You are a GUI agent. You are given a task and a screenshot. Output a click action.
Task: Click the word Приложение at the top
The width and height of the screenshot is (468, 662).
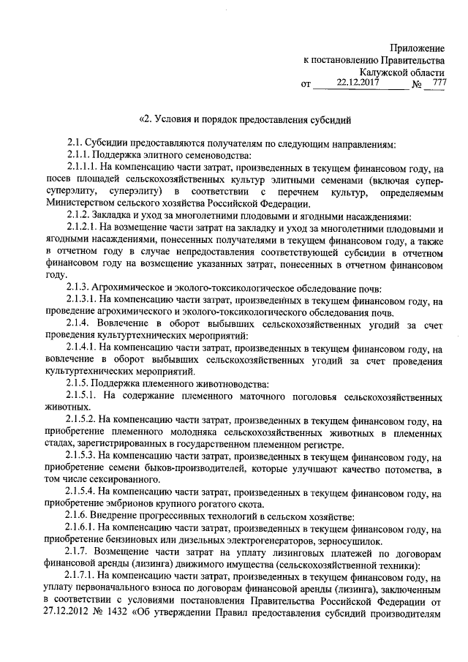(416, 47)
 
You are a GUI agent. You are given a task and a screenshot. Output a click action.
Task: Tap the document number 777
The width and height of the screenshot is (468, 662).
(439, 83)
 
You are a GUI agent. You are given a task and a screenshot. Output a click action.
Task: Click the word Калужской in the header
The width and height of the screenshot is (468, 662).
(385, 72)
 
